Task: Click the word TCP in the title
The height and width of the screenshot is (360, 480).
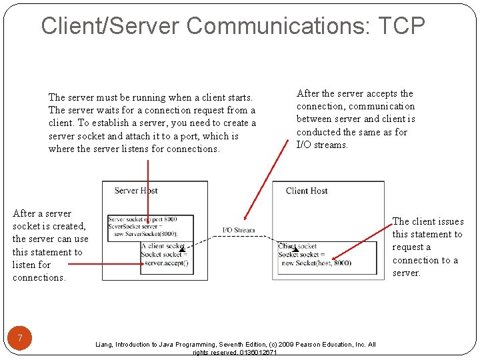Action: coord(401,26)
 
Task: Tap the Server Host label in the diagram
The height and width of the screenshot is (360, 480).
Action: coord(136,191)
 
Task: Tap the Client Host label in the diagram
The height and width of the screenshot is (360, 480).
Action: coord(307,191)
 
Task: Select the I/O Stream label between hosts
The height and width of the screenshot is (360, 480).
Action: coord(238,231)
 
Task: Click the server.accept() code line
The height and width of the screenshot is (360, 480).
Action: coord(166,263)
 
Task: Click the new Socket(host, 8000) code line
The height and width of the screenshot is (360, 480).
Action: coord(316,263)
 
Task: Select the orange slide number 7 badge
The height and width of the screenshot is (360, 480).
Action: coord(21,339)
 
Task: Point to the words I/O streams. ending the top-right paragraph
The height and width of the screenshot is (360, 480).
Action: coord(322,145)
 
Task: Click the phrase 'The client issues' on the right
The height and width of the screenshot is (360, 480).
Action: coord(427,221)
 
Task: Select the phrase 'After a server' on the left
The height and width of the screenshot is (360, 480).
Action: coord(41,213)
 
